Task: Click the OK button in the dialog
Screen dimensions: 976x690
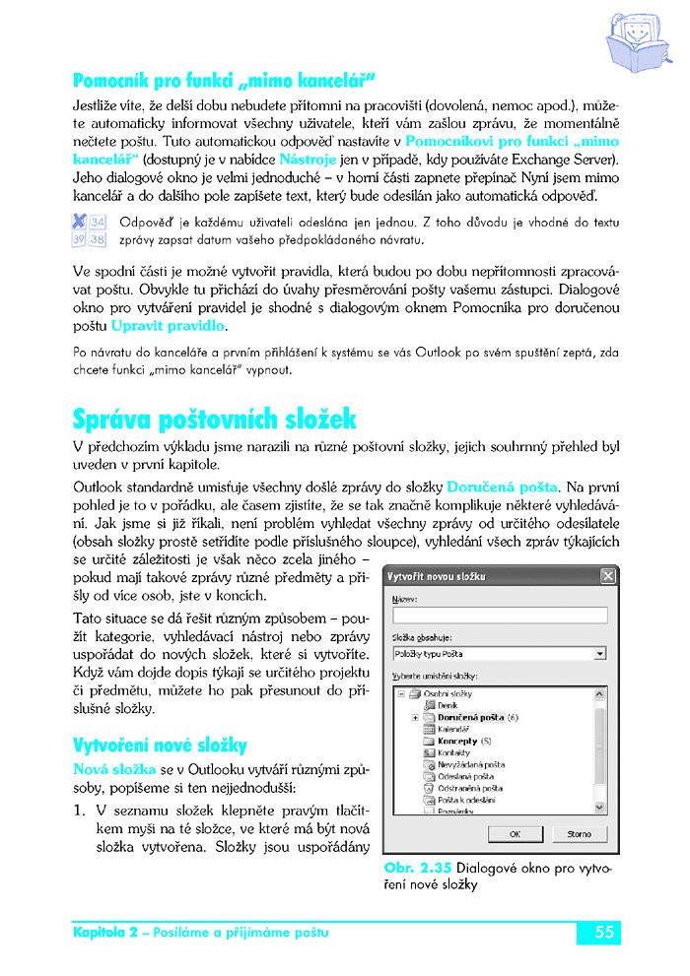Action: click(515, 833)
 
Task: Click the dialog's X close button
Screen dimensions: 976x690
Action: click(607, 576)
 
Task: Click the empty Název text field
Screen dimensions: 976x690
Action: click(498, 615)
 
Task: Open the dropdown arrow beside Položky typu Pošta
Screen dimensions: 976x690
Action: click(600, 653)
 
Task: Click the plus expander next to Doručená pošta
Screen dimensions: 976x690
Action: click(415, 717)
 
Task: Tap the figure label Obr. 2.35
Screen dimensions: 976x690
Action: click(421, 868)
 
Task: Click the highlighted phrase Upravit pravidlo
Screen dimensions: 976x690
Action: click(168, 324)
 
